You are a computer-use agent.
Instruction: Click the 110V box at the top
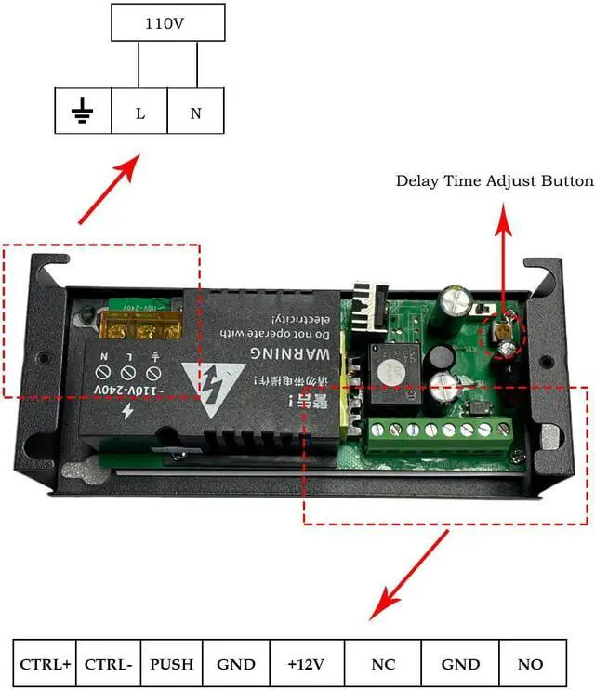[168, 24]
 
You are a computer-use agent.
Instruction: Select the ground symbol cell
[83, 113]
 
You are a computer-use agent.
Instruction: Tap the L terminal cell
[139, 113]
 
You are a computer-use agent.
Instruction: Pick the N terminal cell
[195, 113]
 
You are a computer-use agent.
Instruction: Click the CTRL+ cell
[45, 664]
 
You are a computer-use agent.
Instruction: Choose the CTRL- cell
[108, 664]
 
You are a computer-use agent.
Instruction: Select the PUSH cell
[172, 664]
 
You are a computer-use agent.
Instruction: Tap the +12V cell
[307, 664]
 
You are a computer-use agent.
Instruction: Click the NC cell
[382, 664]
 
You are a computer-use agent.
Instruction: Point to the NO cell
[531, 664]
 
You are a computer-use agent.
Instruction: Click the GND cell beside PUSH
[236, 664]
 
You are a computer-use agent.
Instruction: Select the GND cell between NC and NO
[459, 664]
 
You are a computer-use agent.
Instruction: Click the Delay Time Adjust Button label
[495, 180]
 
